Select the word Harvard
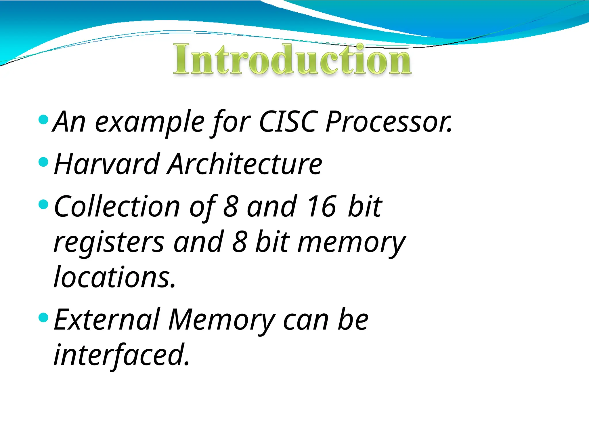click(107, 164)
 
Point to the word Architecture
click(245, 164)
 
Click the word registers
click(109, 243)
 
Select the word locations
click(114, 277)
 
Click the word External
click(107, 320)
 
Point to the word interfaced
click(122, 355)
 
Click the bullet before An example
click(43, 119)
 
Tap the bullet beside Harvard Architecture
click(43, 162)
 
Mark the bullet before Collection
click(43, 204)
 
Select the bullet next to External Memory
click(43, 318)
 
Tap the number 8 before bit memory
click(239, 242)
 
